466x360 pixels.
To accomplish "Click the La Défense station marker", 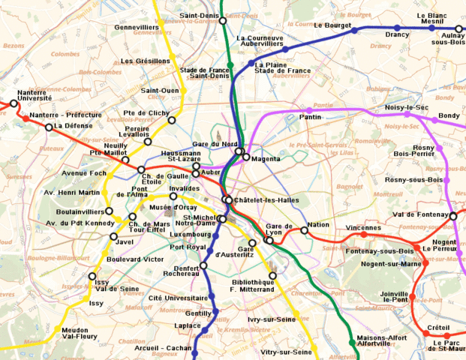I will point(49,127).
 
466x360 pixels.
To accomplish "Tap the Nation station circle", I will point(305,230).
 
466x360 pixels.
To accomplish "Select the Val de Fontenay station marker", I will point(453,216).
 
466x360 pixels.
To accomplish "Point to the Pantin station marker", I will point(308,110).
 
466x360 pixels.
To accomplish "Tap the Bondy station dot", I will point(433,117).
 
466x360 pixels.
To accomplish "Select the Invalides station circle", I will point(173,196).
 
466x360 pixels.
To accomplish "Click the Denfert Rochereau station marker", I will point(203,265).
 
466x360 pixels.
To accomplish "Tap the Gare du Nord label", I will point(215,144).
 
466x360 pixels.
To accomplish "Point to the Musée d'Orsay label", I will point(173,207).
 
